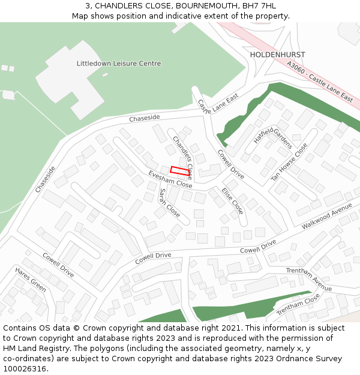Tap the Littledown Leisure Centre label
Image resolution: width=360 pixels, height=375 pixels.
[119, 64]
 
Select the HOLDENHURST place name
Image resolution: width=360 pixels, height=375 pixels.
[277, 55]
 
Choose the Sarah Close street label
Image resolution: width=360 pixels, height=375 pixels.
[169, 203]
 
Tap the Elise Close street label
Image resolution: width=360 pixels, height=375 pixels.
[232, 201]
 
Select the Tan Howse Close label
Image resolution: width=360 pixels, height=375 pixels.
[289, 161]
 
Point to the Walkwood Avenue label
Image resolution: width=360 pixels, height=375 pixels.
[327, 215]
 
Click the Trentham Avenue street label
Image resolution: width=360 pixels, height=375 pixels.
[308, 280]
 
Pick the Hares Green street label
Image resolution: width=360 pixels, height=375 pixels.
[31, 279]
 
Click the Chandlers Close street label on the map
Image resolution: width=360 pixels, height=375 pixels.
[182, 158]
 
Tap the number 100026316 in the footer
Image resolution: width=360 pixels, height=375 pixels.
[25, 369]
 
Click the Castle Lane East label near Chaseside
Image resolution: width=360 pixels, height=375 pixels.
[218, 105]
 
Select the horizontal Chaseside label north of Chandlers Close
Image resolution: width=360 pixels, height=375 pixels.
[145, 118]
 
